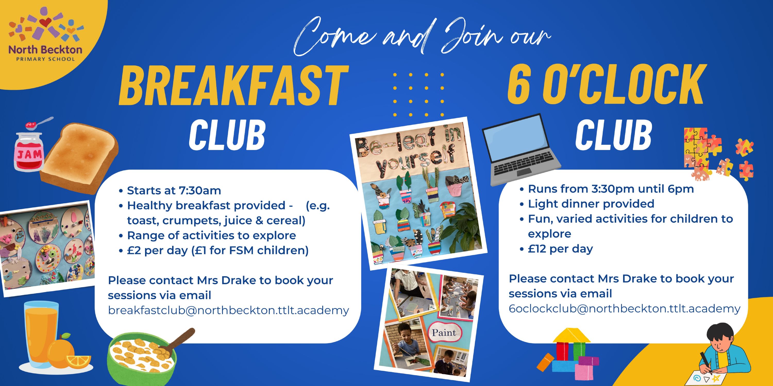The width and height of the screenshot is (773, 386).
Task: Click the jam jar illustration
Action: click(29, 151)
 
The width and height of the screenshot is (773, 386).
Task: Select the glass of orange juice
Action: click(42, 336)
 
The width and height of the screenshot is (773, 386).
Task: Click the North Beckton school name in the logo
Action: click(45, 49)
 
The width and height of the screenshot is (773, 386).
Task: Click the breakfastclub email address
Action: click(228, 310)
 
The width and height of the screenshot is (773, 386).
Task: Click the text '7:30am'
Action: click(200, 191)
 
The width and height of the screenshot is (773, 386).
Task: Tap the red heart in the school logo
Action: click(45, 22)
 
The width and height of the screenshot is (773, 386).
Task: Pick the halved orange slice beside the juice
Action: click(78, 361)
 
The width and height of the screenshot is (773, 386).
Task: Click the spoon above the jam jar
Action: click(39, 122)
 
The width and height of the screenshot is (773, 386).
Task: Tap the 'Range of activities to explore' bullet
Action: click(208, 235)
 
